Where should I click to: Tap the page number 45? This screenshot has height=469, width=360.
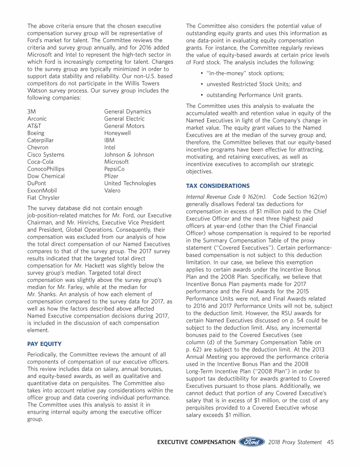point(330,442)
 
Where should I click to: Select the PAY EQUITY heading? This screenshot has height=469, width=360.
point(44,344)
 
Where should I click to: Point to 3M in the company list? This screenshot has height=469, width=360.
point(32,112)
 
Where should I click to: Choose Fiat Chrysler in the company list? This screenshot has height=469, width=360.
point(44,198)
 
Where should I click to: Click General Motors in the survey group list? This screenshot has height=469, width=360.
point(124,126)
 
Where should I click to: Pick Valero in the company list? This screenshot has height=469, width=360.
point(112,190)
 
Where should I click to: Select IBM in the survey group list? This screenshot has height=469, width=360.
point(109,140)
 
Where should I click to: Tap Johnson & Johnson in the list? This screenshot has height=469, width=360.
point(129,155)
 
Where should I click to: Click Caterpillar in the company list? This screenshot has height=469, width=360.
point(41,140)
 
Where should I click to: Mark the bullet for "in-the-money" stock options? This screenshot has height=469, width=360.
point(201,74)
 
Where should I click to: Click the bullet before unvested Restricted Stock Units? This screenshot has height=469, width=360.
point(201,84)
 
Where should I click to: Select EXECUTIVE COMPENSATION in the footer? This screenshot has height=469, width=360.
point(196,442)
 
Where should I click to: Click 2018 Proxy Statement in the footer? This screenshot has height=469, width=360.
point(295,442)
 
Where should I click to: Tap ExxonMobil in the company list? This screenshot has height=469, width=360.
point(43,190)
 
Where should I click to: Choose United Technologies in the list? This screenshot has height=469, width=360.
point(130,183)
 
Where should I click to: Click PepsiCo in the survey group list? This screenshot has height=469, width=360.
point(114,169)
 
